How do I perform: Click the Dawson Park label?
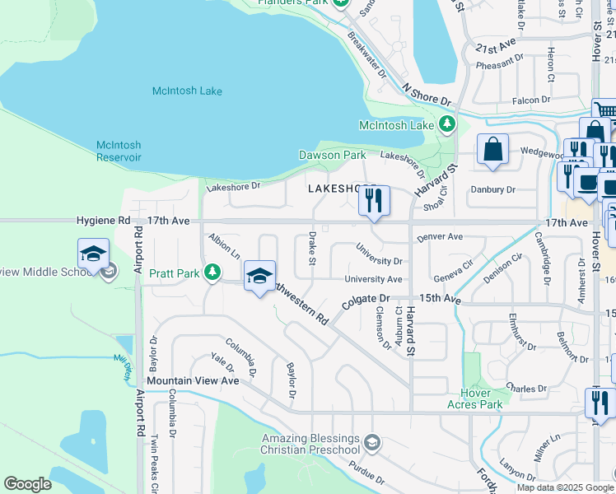coord(332,155)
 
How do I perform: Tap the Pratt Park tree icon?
coord(212,271)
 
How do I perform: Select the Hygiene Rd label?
coord(103,221)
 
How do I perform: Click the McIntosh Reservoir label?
coord(119,151)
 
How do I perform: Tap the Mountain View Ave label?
coord(193,381)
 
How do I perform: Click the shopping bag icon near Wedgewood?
coord(492,151)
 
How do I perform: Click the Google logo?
coord(27,484)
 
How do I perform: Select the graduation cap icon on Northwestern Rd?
coord(259,277)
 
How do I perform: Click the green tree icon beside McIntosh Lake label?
coord(447,124)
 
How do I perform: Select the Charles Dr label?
coord(526,388)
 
